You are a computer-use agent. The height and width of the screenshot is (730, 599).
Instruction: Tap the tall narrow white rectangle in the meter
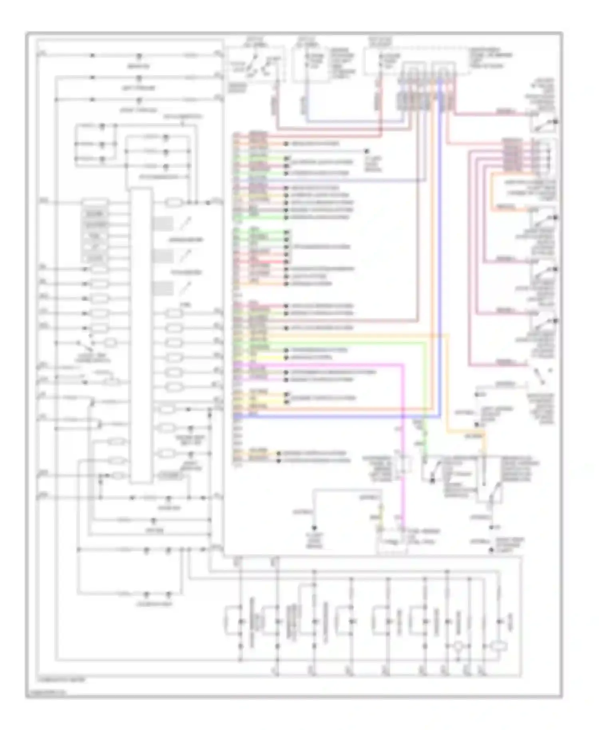coord(141,335)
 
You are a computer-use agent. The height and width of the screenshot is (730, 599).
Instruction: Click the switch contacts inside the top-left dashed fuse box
coord(256,66)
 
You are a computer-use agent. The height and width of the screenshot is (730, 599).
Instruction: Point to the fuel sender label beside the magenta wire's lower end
coord(419,537)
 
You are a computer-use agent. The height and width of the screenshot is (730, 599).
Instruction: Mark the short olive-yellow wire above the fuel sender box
coord(381,515)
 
